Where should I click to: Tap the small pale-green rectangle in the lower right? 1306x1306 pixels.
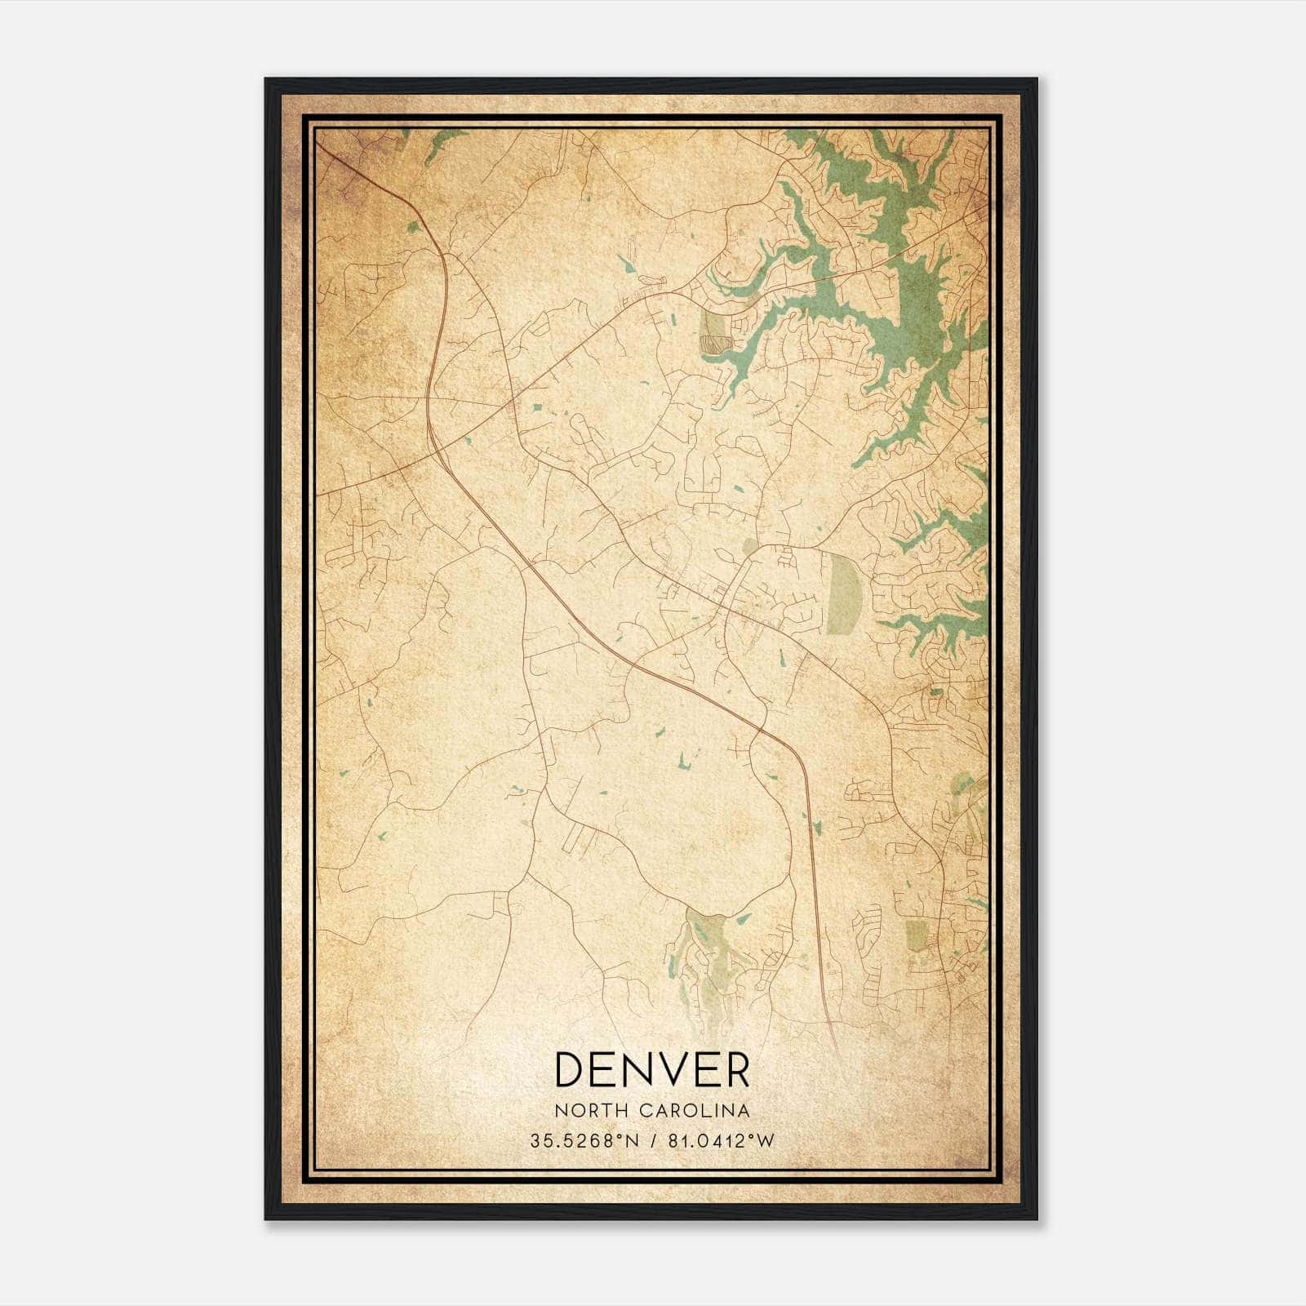[916, 935]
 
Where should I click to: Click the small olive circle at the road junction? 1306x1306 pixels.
[749, 545]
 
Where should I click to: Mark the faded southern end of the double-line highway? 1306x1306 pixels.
[834, 1037]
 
